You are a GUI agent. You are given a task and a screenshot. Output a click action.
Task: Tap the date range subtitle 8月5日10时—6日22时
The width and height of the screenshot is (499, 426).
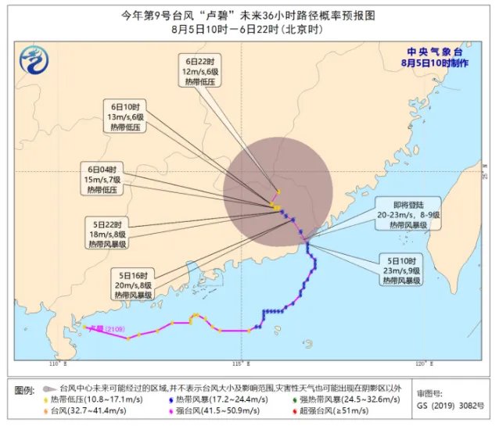coord(249,30)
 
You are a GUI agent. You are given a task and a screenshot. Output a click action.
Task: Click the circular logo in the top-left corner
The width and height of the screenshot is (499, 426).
coord(33,61)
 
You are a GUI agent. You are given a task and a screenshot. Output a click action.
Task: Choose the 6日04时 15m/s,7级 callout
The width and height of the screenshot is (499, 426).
coord(102,178)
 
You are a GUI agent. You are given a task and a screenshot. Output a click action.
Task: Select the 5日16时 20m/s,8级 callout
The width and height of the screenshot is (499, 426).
coord(131,285)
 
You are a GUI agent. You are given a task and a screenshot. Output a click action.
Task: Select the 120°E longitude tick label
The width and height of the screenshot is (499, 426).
coord(421,364)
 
